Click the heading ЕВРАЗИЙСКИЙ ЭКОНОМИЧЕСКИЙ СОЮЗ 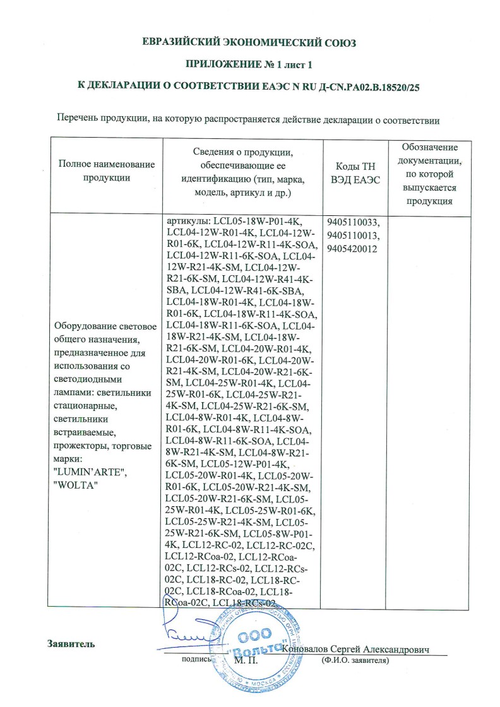pyautogui.click(x=249, y=43)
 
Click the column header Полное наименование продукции pyautogui.click(x=106, y=170)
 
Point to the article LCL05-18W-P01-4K pyautogui.click(x=259, y=222)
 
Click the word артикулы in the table pyautogui.click(x=187, y=222)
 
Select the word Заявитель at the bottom pyautogui.click(x=71, y=644)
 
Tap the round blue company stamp pyautogui.click(x=255, y=644)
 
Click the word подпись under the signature pyautogui.click(x=195, y=660)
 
